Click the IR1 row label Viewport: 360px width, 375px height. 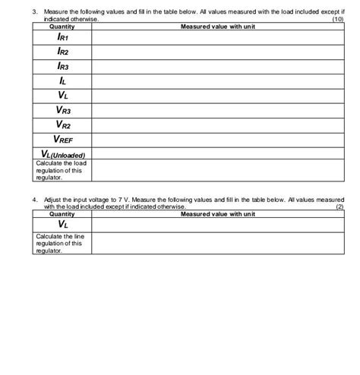click(62, 36)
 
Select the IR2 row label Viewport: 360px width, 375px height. click(62, 51)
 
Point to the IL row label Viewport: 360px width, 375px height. click(62, 80)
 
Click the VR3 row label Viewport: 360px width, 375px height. click(62, 110)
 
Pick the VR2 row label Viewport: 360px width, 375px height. click(62, 124)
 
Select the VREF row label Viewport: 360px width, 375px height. click(62, 140)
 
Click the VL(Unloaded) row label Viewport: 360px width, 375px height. click(62, 154)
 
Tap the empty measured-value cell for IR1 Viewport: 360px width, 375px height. click(217, 36)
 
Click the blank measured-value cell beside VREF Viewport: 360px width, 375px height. click(217, 140)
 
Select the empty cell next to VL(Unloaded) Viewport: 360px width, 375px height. click(217, 154)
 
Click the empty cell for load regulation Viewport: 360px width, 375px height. click(217, 169)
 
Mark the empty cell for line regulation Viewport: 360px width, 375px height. click(217, 243)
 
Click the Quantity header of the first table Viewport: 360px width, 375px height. click(62, 27)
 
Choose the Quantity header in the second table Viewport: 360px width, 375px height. click(62, 214)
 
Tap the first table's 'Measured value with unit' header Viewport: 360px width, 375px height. click(217, 27)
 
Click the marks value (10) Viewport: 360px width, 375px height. click(338, 20)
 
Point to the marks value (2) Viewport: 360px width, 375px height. click(339, 206)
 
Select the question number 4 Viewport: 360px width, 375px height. click(35, 200)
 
